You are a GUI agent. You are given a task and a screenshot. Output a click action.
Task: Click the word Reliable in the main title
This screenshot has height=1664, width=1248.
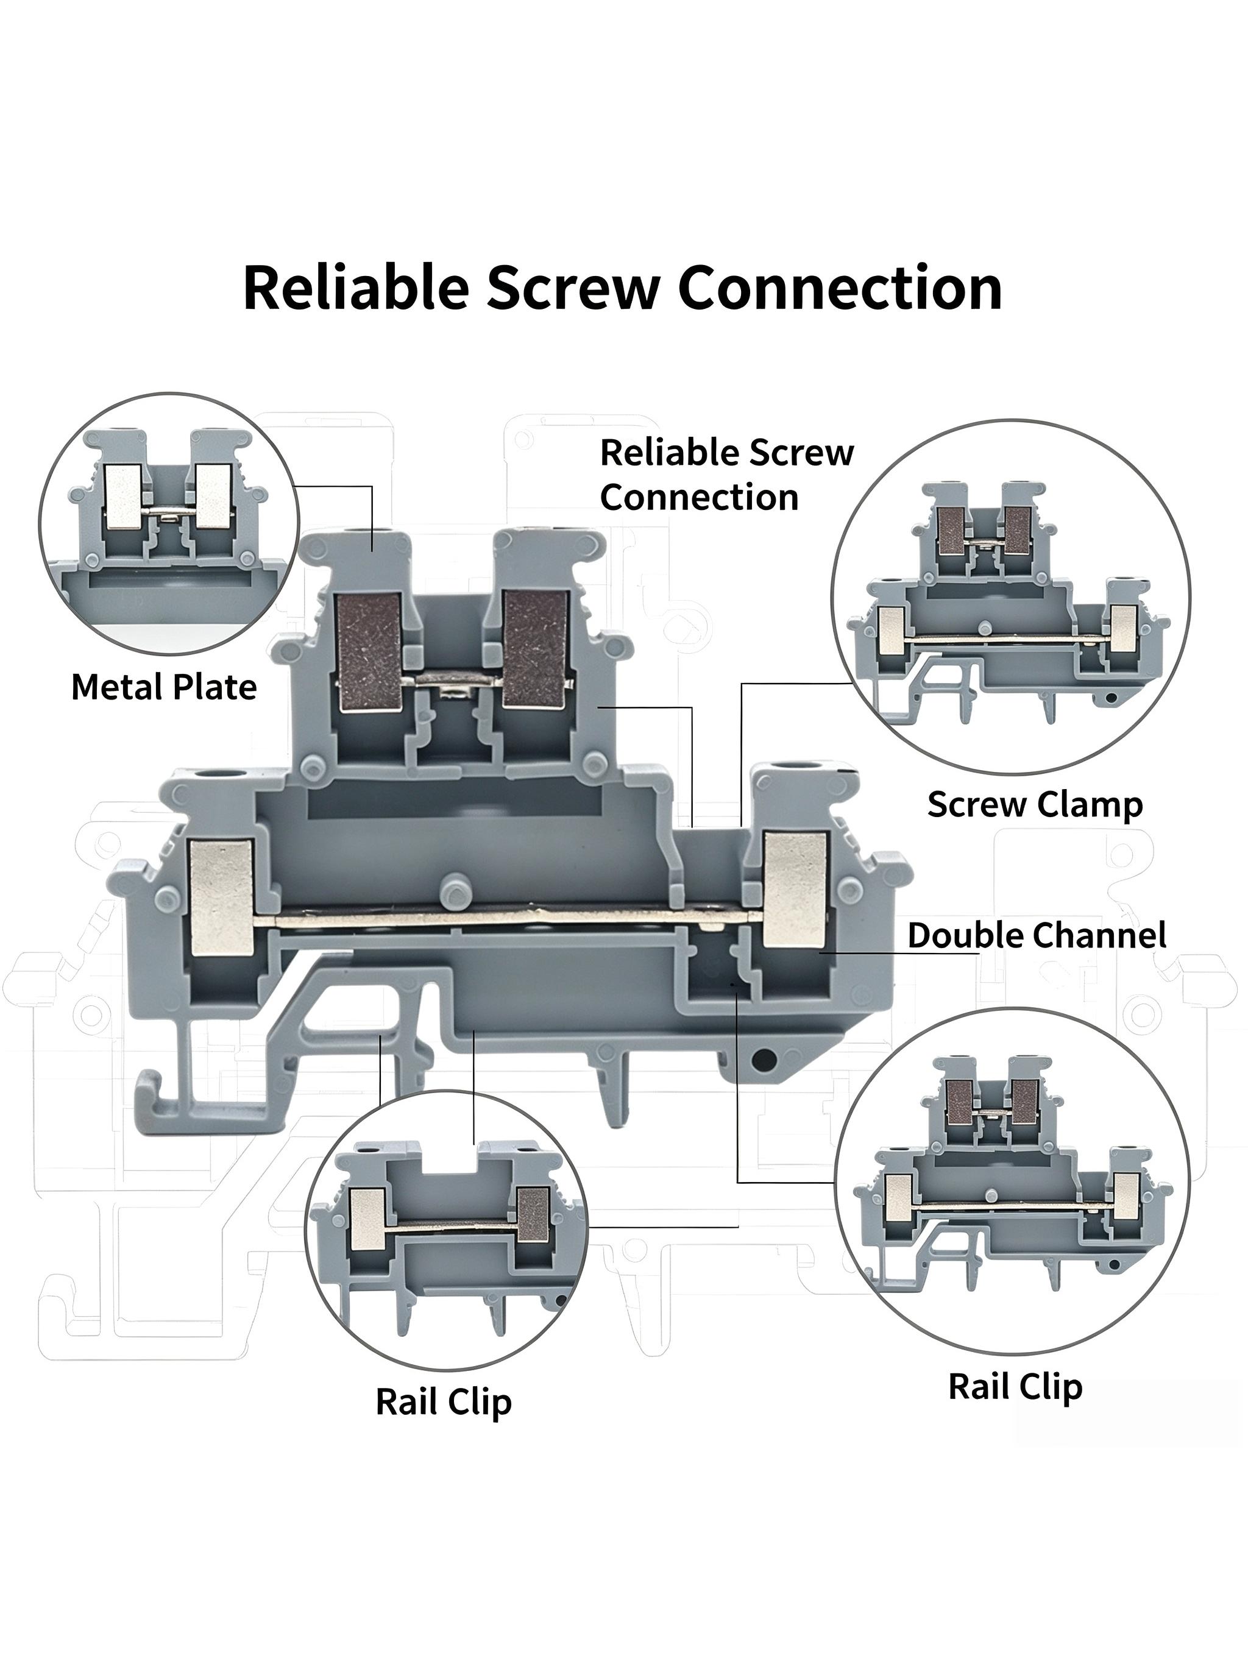pos(356,288)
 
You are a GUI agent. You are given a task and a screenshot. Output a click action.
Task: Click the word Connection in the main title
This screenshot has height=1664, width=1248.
pos(840,288)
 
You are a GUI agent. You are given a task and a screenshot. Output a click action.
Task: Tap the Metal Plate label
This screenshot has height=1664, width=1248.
pos(164,687)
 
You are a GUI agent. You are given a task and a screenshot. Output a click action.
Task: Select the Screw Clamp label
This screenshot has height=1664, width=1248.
pos(1035,804)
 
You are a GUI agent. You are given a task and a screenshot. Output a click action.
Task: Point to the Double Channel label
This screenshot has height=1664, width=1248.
pos(1037,935)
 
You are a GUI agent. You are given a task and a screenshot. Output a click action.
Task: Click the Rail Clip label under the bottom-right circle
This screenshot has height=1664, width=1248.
pos(1016,1386)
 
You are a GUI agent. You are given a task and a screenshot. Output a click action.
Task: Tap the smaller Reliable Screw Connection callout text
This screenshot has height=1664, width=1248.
pos(727,475)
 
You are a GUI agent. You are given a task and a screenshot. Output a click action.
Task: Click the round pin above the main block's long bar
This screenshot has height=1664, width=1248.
pos(452,889)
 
